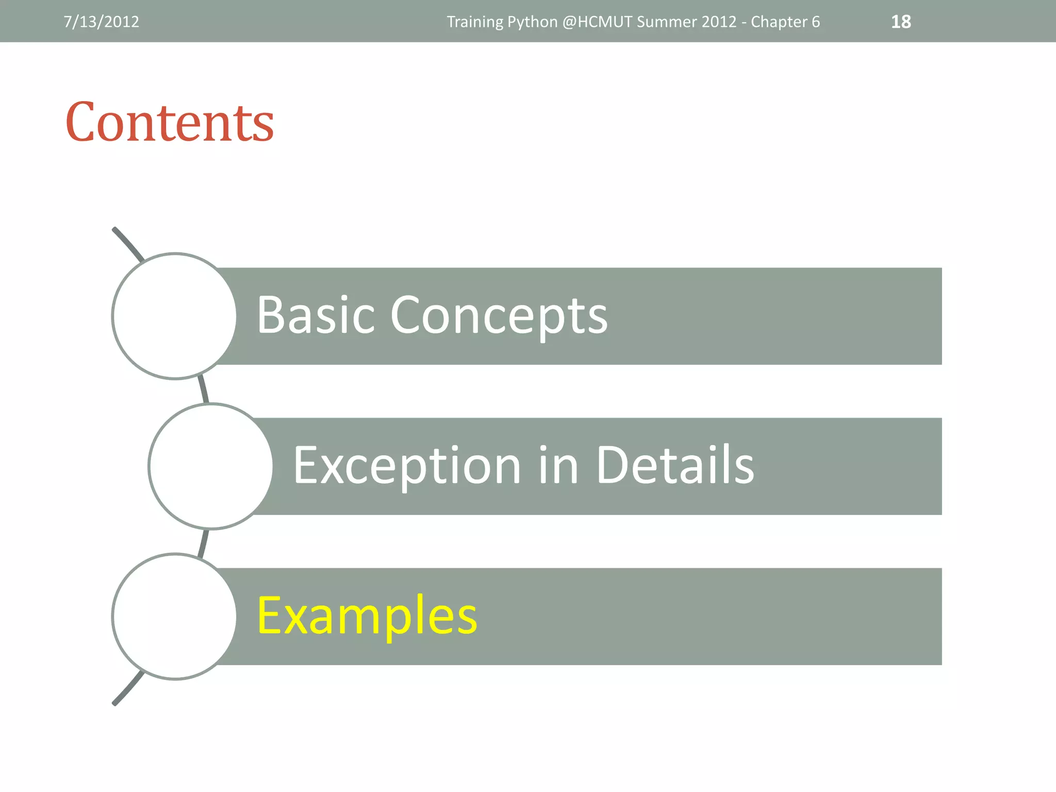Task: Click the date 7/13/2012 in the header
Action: click(x=101, y=22)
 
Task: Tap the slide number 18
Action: click(x=901, y=22)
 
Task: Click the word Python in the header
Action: click(x=533, y=22)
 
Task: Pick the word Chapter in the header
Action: click(x=779, y=22)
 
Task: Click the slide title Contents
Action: click(x=170, y=122)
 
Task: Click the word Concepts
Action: click(x=499, y=316)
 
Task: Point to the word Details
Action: click(x=675, y=465)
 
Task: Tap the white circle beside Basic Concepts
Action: click(x=174, y=316)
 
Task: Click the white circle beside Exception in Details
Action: click(x=210, y=466)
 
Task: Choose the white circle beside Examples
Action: click(x=174, y=616)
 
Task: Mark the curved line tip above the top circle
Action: click(x=115, y=229)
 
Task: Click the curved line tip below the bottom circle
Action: click(x=115, y=702)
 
